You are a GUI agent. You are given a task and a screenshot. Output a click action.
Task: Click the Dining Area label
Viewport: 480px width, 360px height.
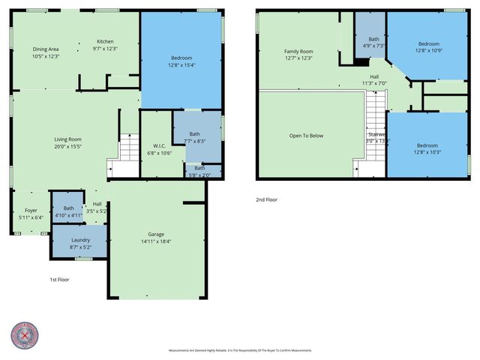point(45,49)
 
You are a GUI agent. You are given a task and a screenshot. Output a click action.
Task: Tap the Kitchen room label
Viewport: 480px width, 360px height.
point(105,41)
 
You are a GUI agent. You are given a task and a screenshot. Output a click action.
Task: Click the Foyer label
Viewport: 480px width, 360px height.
point(30,211)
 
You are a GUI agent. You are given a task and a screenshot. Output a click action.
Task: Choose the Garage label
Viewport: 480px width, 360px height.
point(157,235)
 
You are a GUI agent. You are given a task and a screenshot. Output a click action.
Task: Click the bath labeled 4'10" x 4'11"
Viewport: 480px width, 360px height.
point(68,211)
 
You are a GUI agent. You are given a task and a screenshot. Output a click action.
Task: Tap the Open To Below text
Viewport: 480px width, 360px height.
point(306,136)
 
